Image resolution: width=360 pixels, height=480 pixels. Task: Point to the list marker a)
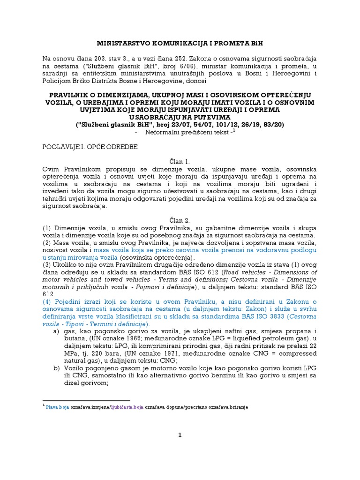coord(57,331)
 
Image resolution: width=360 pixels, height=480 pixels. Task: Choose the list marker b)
coord(57,368)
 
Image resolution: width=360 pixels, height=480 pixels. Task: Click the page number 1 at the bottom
coord(180,435)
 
